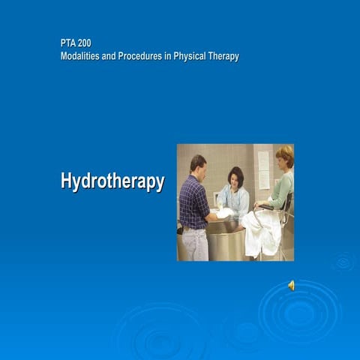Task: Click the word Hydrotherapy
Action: coord(112,182)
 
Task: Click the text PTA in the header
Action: coord(68,43)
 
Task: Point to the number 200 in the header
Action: coord(85,43)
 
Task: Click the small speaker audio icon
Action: coord(292,285)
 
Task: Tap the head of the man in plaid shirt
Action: coord(197,163)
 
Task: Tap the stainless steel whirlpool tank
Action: coord(225,240)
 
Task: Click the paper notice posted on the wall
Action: coord(263,169)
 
